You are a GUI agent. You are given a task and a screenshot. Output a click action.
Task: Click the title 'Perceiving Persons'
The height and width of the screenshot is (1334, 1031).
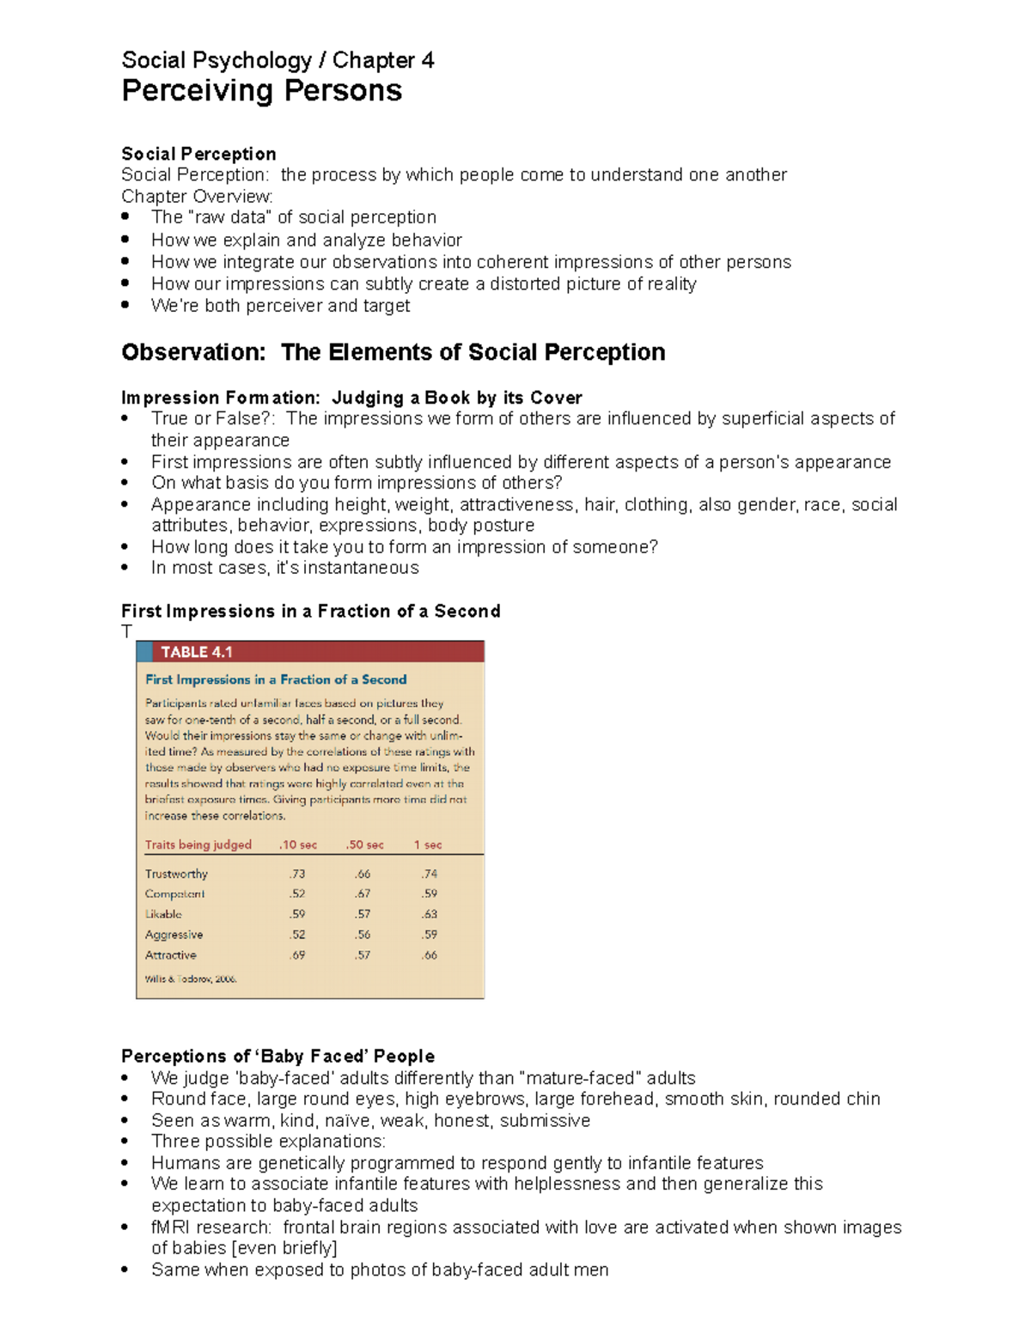(261, 90)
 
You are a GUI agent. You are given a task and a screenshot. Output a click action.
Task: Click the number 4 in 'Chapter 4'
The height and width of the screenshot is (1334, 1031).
(427, 60)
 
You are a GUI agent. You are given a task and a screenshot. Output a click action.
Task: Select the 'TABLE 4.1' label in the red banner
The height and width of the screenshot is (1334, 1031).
(197, 652)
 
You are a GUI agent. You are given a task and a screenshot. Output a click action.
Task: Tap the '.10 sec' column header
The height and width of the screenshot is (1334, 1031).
(297, 844)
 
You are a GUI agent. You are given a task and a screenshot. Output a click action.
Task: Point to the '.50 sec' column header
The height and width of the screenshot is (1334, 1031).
(364, 844)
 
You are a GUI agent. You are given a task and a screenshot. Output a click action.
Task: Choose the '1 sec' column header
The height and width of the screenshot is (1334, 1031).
(428, 844)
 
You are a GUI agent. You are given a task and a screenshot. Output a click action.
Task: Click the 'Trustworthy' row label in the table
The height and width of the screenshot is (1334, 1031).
(176, 874)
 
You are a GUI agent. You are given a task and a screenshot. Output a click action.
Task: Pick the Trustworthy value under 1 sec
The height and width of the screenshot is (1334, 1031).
(429, 874)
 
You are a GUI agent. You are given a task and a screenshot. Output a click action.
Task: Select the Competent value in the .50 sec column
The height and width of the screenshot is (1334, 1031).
(363, 893)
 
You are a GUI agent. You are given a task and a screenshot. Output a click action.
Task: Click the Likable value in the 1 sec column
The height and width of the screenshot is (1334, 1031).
(429, 914)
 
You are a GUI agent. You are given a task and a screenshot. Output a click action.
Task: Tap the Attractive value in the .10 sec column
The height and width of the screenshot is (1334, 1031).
(297, 954)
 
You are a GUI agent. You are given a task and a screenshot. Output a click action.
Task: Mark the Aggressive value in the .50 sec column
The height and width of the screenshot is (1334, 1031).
(363, 935)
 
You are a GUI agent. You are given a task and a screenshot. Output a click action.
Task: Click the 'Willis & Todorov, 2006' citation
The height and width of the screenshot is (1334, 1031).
(191, 978)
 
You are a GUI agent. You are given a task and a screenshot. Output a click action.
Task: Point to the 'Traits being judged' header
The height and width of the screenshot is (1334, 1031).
(198, 844)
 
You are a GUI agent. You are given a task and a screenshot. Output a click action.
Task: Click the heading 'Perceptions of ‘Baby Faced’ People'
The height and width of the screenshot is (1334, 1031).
(278, 1056)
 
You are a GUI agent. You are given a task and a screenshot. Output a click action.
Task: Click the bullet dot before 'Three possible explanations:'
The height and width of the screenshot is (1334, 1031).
(125, 1142)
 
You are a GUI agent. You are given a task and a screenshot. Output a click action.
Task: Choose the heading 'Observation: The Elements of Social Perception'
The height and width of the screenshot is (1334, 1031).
(393, 352)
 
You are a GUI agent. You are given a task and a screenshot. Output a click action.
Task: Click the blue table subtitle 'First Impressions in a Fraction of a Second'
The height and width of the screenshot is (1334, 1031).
(276, 679)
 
